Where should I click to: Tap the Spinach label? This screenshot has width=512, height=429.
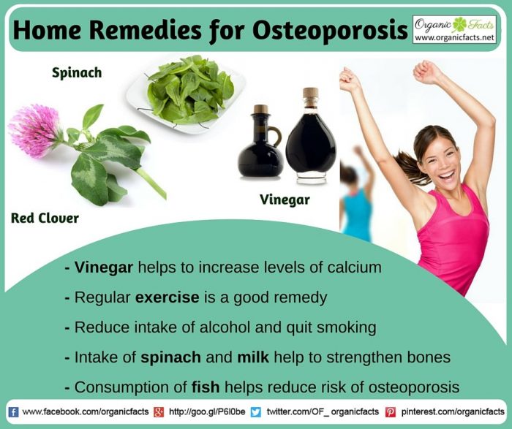tap(76, 73)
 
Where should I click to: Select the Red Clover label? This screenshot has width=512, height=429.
tap(45, 218)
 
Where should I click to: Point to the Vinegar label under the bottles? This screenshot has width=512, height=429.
tap(285, 199)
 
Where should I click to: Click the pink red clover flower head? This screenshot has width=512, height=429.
tap(34, 129)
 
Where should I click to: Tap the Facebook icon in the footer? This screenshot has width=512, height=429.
tap(13, 412)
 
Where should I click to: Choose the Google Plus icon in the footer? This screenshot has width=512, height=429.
tap(158, 412)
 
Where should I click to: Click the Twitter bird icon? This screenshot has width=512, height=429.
tap(255, 412)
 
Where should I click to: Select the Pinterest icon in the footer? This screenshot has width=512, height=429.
tap(391, 412)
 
